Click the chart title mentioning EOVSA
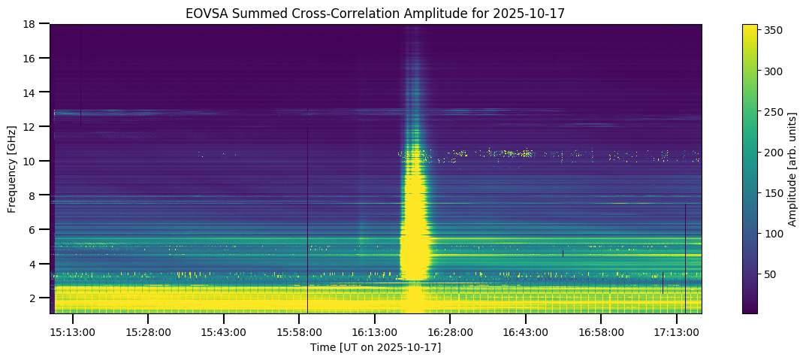click(376, 14)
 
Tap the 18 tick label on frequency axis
click(32, 24)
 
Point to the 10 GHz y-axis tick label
click(32, 161)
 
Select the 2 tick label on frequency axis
click(35, 298)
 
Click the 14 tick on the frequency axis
click(32, 92)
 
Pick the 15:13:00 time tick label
click(72, 331)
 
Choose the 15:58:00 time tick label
click(299, 331)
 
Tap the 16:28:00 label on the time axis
click(450, 331)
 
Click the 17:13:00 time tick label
click(677, 331)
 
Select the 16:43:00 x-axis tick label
click(526, 331)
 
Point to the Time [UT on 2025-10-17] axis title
click(376, 347)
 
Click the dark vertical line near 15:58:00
click(307, 225)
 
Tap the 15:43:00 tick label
click(223, 331)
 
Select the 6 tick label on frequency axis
click(35, 229)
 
